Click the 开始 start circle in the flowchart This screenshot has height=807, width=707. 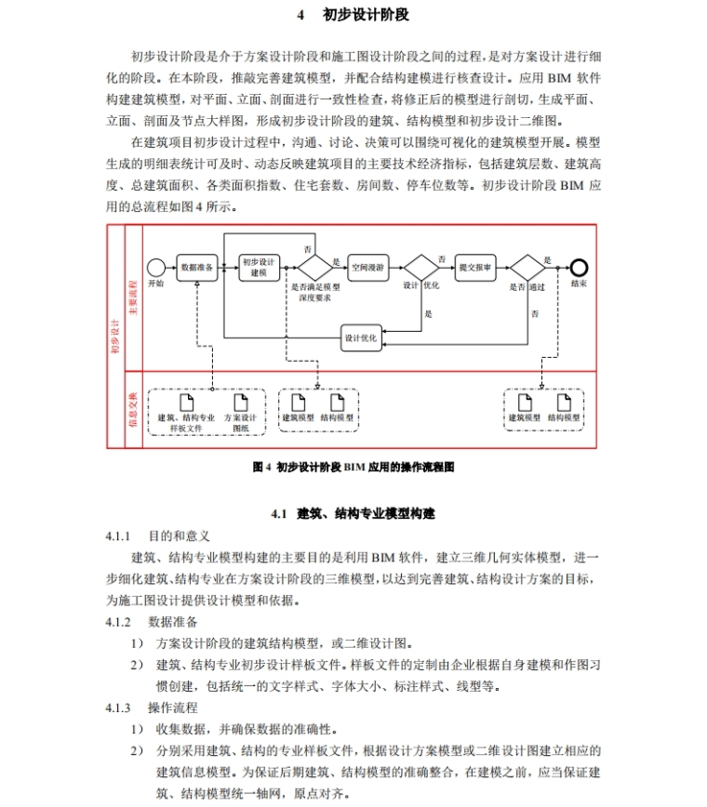156,266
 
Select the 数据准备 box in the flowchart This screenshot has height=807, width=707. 198,266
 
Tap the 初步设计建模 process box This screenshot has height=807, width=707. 260,266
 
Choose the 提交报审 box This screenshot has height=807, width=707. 476,266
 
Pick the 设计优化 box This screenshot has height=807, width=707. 360,337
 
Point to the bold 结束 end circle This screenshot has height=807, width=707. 580,266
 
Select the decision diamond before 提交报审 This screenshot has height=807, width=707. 420,266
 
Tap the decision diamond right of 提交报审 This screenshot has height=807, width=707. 527,266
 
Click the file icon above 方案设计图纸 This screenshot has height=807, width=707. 241,401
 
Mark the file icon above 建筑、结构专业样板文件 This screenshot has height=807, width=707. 186,401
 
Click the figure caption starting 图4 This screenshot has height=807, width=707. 353,467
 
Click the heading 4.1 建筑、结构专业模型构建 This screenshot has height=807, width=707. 353,513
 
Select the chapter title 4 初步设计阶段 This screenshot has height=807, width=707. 353,16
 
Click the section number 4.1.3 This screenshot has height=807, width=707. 119,708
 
